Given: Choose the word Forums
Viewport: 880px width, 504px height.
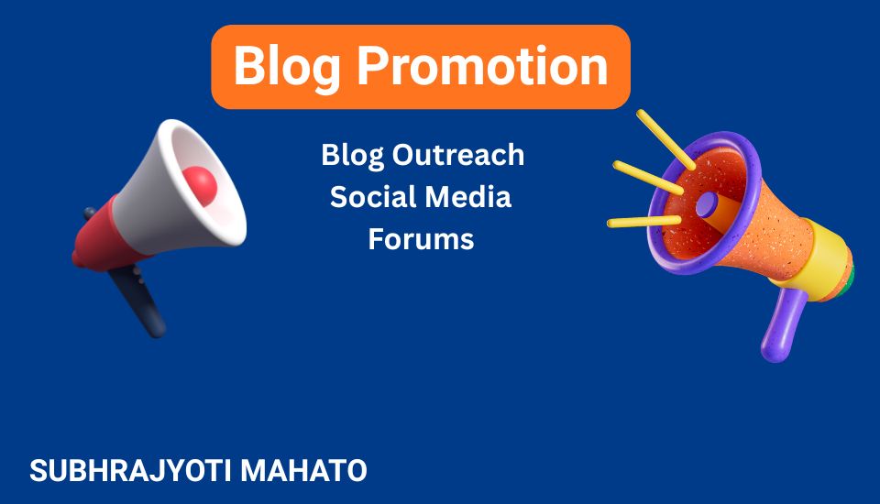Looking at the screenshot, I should (422, 239).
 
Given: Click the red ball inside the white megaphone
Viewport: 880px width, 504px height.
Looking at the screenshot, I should (199, 184).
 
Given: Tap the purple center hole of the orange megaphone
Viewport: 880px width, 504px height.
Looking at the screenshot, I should (707, 204).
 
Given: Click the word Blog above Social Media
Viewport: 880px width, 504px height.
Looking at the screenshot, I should (354, 154).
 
